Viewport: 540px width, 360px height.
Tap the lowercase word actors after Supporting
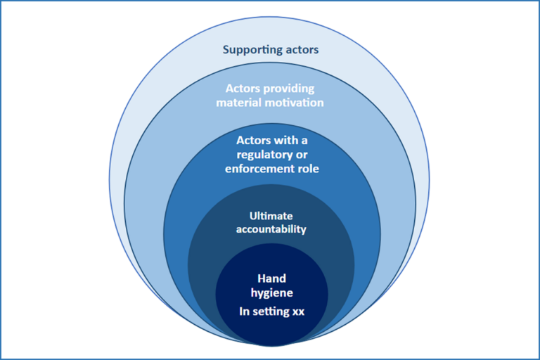[300, 50]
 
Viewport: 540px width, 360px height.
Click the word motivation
[298, 103]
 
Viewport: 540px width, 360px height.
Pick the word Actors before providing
[241, 90]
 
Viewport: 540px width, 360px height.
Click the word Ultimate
[271, 216]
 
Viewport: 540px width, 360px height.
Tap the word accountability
[271, 229]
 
